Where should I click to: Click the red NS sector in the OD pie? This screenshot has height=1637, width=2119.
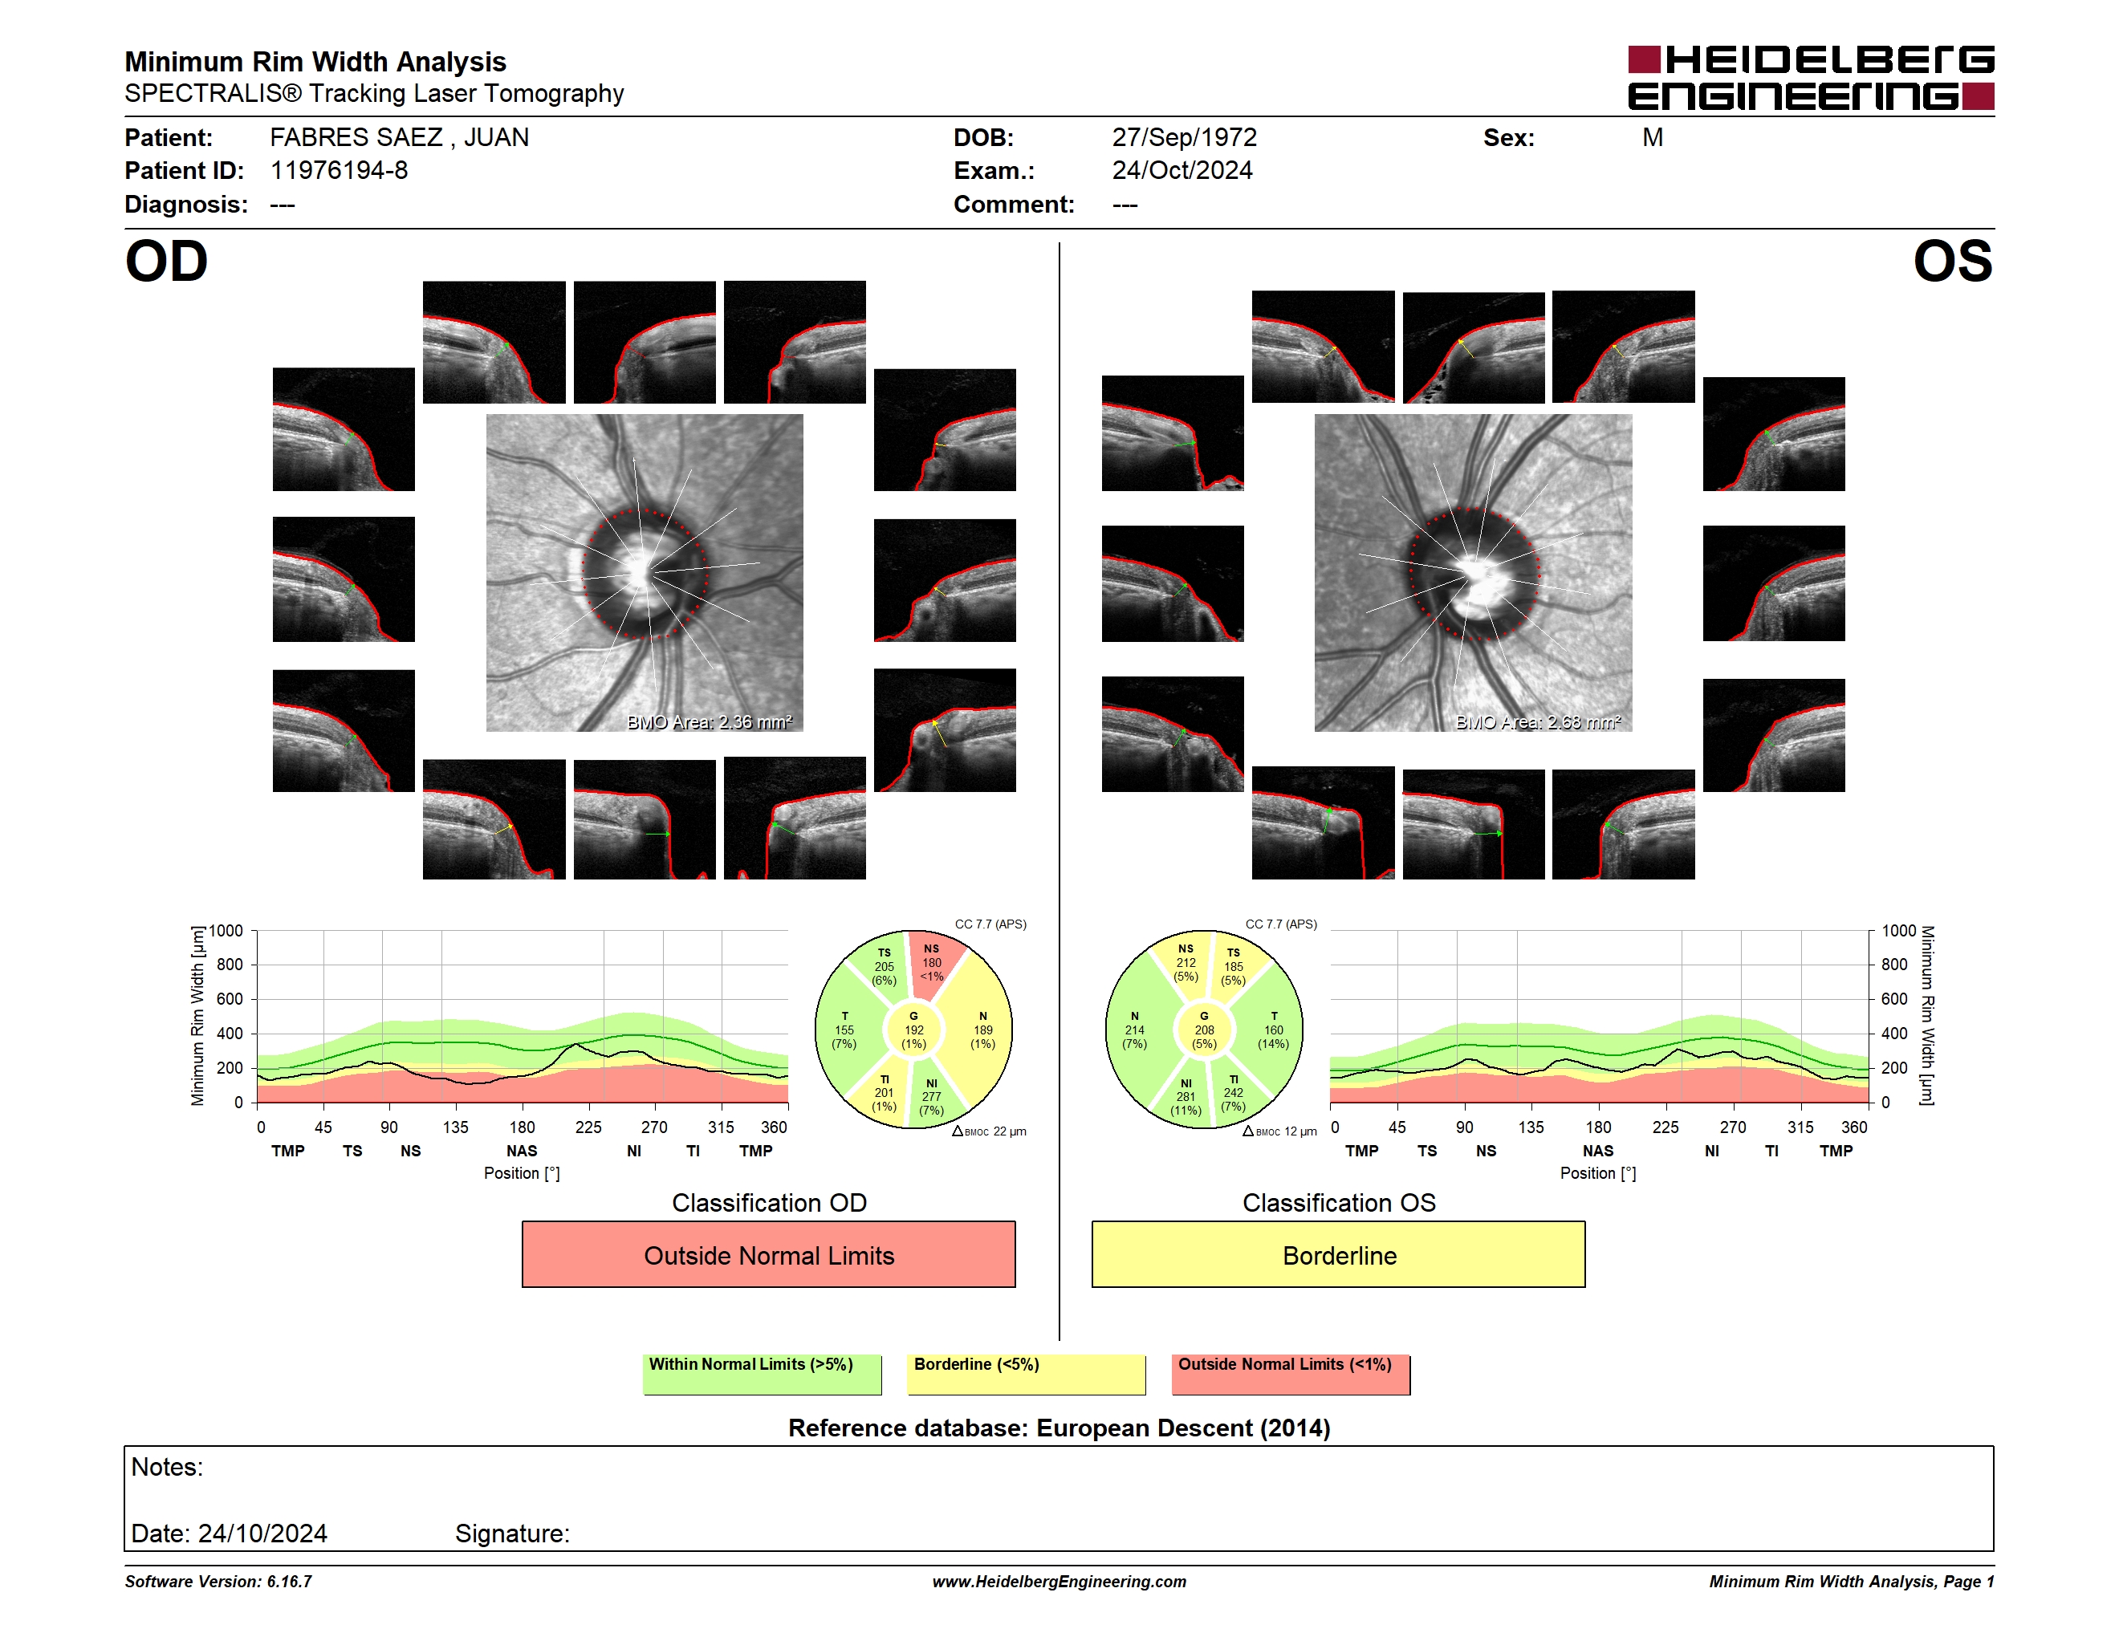(933, 964)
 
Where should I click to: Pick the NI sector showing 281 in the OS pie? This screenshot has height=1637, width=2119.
(1185, 1096)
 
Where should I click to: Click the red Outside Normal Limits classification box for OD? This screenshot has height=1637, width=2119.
(768, 1254)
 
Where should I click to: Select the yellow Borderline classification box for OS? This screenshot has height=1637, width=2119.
(1338, 1254)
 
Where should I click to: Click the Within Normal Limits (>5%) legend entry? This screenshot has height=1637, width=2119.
(762, 1373)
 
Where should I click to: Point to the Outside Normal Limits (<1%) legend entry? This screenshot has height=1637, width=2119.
(1291, 1373)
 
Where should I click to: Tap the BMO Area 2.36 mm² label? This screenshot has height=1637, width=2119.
(710, 721)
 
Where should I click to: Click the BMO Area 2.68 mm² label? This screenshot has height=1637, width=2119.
(1538, 721)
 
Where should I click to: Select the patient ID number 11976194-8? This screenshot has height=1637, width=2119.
(339, 171)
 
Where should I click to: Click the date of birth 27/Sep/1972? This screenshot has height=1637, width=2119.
(1184, 138)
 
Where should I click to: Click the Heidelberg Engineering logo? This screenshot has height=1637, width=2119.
(1811, 78)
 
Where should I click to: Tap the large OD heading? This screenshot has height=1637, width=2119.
(167, 262)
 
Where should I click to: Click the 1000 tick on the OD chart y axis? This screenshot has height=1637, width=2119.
(225, 931)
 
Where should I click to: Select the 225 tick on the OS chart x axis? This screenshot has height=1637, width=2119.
(1665, 1127)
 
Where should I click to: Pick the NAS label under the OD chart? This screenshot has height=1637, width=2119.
(521, 1150)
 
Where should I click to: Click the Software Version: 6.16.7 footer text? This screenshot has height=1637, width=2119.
(218, 1581)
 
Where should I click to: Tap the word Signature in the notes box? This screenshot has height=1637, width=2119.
(511, 1533)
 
